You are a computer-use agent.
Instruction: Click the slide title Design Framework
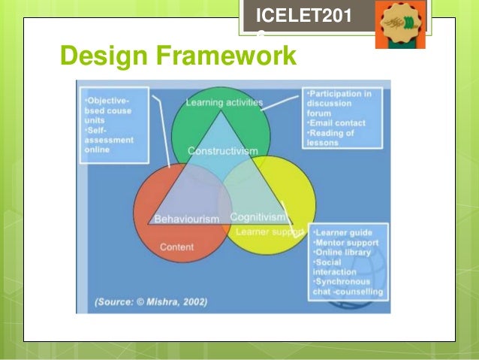pos(178,56)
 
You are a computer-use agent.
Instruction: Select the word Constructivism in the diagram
pos(222,151)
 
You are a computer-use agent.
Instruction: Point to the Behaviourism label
pos(187,219)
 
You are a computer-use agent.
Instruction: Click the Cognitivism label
pos(258,216)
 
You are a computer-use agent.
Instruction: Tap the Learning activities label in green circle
pos(224,102)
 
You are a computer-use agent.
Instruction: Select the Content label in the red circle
pos(176,247)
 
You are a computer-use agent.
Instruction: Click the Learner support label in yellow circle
pos(270,231)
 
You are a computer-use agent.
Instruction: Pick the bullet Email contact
pos(337,123)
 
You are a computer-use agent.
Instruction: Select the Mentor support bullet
pos(345,243)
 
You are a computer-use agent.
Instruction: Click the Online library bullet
pos(342,253)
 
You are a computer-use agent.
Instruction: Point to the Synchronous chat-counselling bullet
pos(346,286)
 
